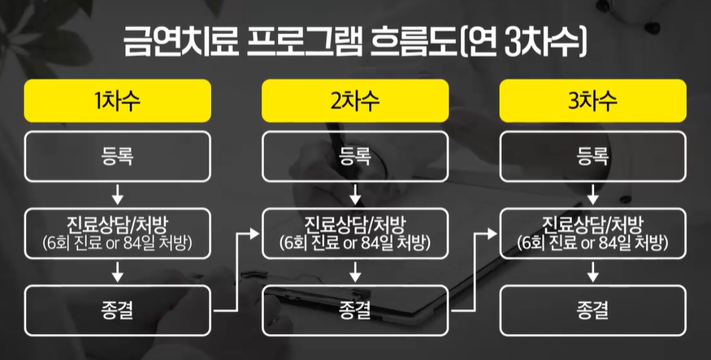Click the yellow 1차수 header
(118, 101)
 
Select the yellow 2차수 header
(355, 101)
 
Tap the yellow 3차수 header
(592, 101)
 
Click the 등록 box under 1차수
(118, 156)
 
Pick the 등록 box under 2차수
(355, 156)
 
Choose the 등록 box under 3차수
(592, 156)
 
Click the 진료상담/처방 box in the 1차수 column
(118, 232)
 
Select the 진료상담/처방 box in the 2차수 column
(355, 232)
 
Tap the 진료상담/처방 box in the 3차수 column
(592, 232)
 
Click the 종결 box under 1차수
(118, 309)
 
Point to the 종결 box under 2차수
(355, 309)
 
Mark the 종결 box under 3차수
(592, 309)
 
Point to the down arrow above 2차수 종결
(355, 271)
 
